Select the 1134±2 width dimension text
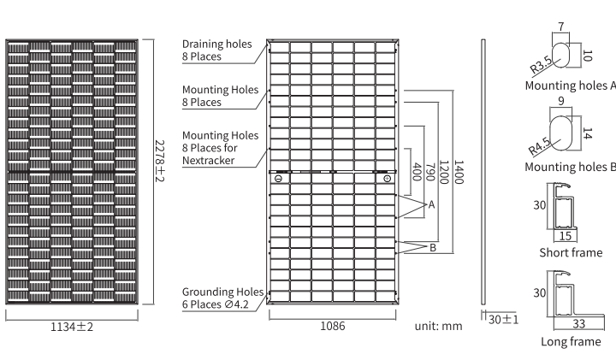(72, 326)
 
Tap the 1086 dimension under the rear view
(333, 326)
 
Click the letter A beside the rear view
(431, 205)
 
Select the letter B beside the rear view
(432, 248)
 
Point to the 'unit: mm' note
(438, 326)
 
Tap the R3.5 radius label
(541, 66)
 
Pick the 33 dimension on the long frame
(577, 324)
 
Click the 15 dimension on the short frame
(564, 234)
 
